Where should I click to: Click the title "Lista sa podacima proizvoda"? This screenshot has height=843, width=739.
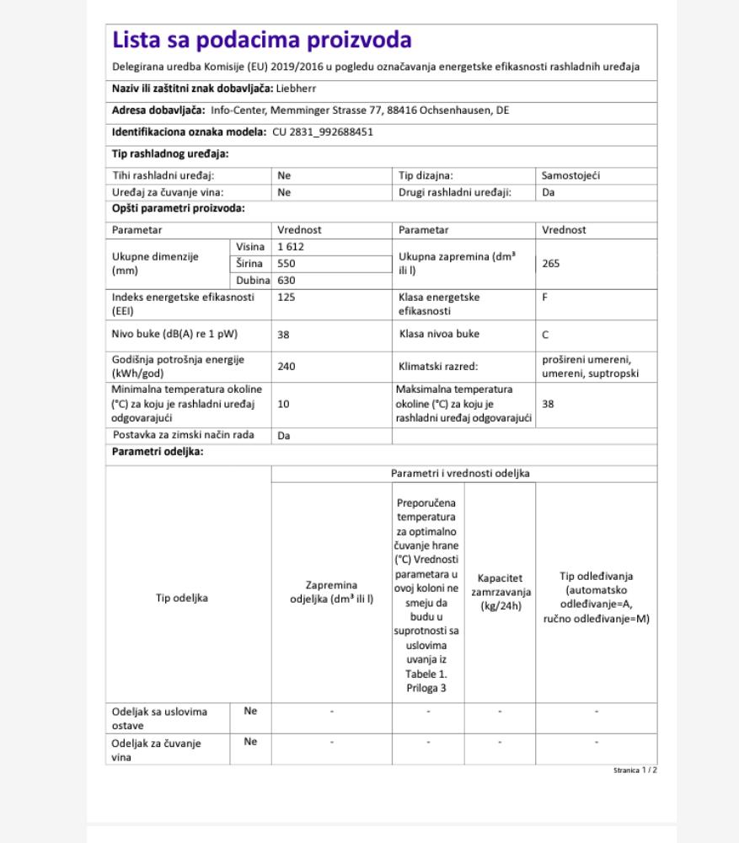[262, 40]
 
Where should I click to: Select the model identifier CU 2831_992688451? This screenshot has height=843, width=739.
[323, 132]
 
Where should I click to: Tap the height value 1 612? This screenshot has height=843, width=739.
[290, 246]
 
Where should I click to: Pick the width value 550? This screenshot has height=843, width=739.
[286, 263]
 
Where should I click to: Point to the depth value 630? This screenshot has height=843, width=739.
[286, 280]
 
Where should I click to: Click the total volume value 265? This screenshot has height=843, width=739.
[551, 263]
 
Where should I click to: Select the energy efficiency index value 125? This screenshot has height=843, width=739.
[286, 298]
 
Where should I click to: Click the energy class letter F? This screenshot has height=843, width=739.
[545, 298]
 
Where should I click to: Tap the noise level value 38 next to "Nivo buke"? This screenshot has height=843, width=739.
[283, 334]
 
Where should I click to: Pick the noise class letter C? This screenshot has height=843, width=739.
[546, 334]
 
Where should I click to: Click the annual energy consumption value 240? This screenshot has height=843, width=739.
[286, 367]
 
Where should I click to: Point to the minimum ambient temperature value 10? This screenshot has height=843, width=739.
[283, 404]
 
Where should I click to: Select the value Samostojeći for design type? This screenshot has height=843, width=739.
[571, 176]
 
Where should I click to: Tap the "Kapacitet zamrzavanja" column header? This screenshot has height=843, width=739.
[500, 592]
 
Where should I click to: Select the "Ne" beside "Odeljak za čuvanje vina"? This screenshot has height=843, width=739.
[250, 742]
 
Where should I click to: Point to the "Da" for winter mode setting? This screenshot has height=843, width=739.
[284, 436]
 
